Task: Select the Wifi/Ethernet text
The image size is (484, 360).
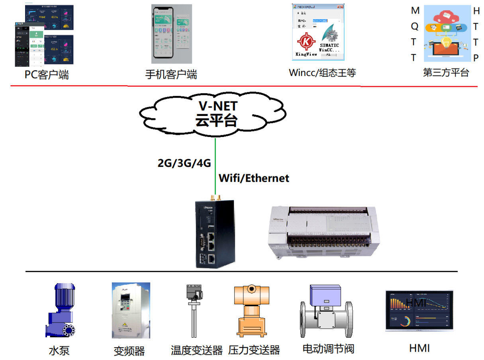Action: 254,178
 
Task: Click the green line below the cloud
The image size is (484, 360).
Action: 216,167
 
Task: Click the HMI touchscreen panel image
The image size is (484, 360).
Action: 419,311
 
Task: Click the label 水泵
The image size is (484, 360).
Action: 59,351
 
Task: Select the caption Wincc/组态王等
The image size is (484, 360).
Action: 322,73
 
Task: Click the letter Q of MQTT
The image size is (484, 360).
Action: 415,26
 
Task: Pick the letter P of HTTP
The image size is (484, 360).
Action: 476,58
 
